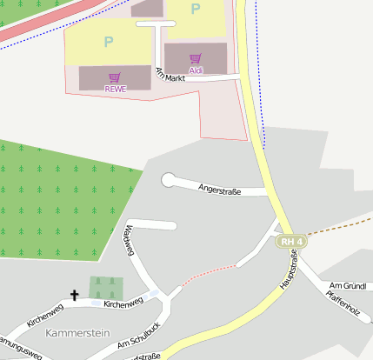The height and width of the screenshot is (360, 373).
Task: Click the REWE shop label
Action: point(116,89)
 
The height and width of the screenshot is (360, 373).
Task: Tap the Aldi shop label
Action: point(196,70)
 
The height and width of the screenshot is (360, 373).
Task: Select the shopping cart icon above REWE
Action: point(115,78)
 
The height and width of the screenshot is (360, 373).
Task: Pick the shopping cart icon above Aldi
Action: point(196,59)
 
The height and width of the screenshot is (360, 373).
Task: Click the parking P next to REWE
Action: point(109,41)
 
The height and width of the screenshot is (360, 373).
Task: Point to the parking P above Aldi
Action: point(196,10)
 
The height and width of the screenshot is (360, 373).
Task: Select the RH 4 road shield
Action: point(292,241)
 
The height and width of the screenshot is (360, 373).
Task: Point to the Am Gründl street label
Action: point(344,286)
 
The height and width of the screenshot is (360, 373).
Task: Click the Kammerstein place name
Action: point(79,333)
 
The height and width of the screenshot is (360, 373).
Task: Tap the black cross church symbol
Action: point(74,296)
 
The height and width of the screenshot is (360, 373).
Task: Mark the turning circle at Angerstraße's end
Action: point(168,180)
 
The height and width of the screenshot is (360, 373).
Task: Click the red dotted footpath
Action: point(208,273)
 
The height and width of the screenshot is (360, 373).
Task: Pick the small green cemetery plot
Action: point(106,287)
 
